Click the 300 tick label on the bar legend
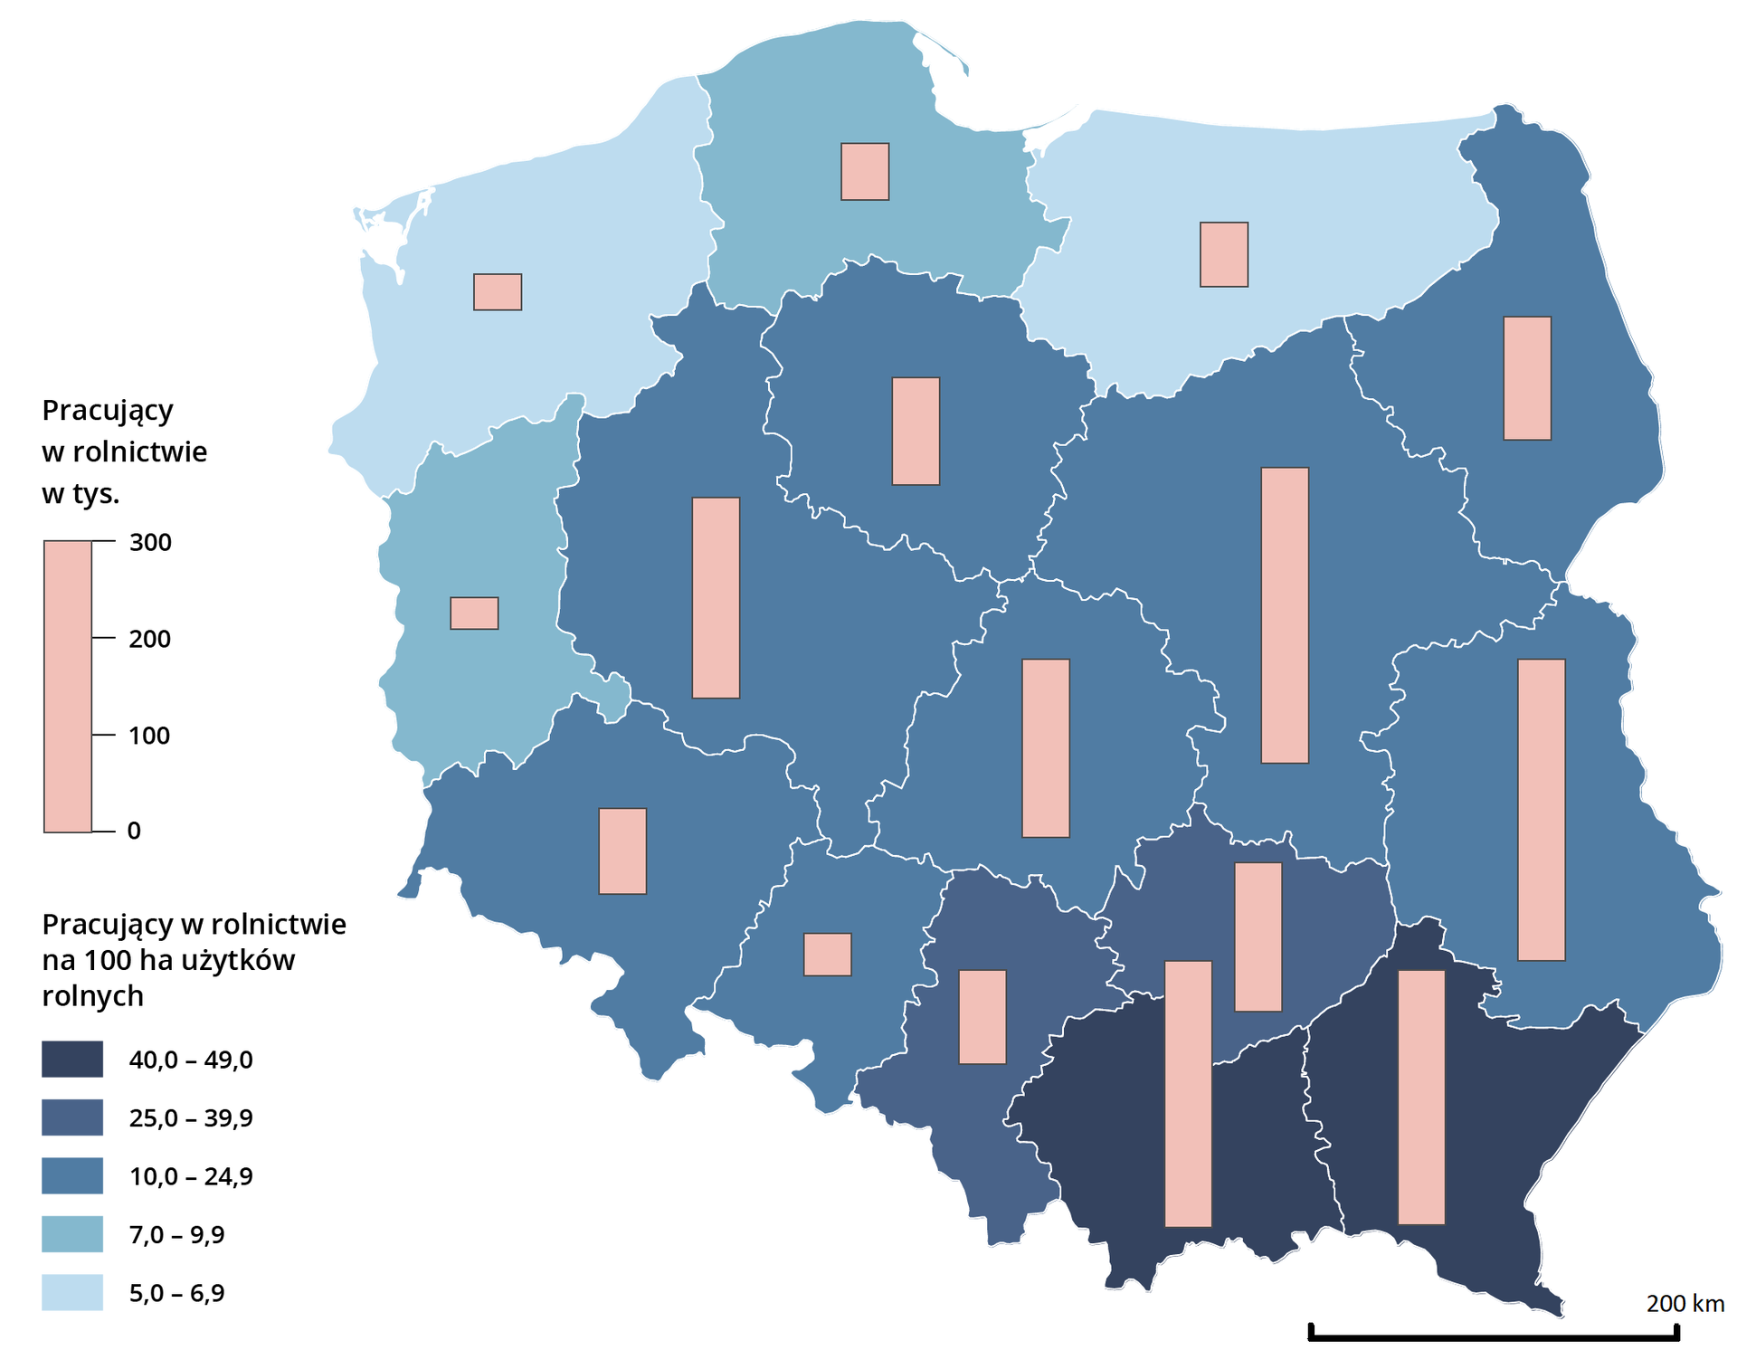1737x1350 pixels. click(x=150, y=542)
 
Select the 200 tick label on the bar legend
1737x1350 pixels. click(x=150, y=639)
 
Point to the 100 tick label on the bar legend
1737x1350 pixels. click(x=149, y=736)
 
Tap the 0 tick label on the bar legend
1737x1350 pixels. click(x=134, y=831)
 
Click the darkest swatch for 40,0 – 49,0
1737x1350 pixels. click(x=72, y=1059)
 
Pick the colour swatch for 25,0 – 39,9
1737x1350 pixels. click(x=72, y=1117)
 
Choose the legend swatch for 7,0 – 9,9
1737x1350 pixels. click(x=72, y=1234)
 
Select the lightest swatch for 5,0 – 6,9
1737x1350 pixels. click(x=72, y=1292)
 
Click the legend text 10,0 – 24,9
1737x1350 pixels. click(x=191, y=1176)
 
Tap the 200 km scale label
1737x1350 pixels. click(x=1685, y=1303)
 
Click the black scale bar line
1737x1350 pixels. click(x=1493, y=1336)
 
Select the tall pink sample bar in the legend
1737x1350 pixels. click(x=68, y=686)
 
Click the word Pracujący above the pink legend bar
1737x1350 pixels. click(x=107, y=411)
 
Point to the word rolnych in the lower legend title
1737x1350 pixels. click(x=92, y=995)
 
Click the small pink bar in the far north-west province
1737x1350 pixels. click(x=498, y=292)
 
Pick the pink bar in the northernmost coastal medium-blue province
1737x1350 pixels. click(x=865, y=171)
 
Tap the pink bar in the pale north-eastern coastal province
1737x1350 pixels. click(x=1224, y=254)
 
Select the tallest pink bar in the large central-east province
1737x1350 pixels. click(x=1285, y=615)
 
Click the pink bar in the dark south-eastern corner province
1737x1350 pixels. click(x=1421, y=1097)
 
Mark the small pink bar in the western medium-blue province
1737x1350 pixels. click(x=474, y=613)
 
